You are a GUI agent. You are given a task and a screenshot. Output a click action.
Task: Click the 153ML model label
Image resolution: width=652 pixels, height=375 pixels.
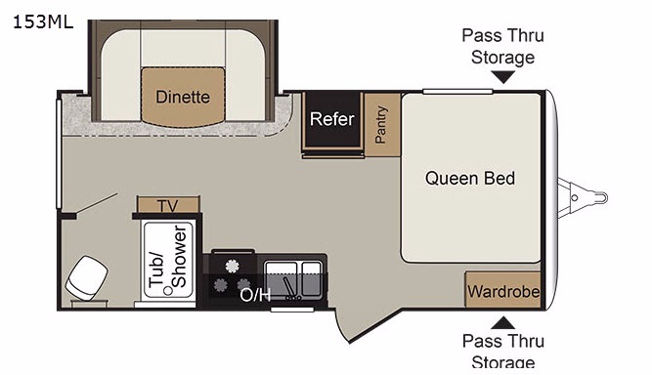click(x=43, y=21)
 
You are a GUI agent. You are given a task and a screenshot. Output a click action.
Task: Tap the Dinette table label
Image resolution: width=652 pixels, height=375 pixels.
click(x=183, y=97)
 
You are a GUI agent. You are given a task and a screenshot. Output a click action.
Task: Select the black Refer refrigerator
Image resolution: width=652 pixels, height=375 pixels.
click(x=332, y=120)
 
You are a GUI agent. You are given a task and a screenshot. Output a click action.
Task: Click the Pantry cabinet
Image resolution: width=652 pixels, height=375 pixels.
click(x=382, y=125)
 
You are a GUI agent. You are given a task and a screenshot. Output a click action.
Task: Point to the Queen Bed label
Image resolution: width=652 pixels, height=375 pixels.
click(x=470, y=178)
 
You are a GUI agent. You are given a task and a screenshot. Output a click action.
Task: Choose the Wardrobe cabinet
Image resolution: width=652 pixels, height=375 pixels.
click(x=502, y=290)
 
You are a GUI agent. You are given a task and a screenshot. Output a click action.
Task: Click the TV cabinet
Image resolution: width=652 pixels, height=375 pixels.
click(x=168, y=205)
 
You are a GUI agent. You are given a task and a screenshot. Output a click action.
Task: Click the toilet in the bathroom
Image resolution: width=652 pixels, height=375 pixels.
click(x=86, y=278)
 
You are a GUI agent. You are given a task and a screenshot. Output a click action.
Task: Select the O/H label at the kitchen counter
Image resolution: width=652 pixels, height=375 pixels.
click(x=255, y=295)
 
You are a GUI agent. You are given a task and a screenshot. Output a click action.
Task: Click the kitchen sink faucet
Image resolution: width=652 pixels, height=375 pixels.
click(x=289, y=288)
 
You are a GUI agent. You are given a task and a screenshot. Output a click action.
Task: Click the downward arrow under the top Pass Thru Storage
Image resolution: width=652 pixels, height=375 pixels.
click(x=502, y=77)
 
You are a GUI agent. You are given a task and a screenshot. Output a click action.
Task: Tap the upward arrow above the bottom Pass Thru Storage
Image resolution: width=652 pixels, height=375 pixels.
click(x=502, y=322)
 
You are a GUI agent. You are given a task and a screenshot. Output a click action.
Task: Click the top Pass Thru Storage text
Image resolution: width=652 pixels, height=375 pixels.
click(x=502, y=46)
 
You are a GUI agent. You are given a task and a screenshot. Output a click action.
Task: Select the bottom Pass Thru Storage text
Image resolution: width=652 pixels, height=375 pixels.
click(x=503, y=352)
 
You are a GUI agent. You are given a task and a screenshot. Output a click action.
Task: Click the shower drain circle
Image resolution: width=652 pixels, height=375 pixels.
click(x=168, y=291)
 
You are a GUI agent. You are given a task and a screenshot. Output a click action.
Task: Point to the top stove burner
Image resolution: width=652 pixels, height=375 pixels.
click(x=233, y=266)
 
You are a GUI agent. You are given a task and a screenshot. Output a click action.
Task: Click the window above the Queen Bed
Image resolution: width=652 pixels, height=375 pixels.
click(x=457, y=92)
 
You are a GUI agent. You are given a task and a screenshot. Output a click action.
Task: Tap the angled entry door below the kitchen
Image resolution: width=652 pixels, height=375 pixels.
click(x=342, y=326)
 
